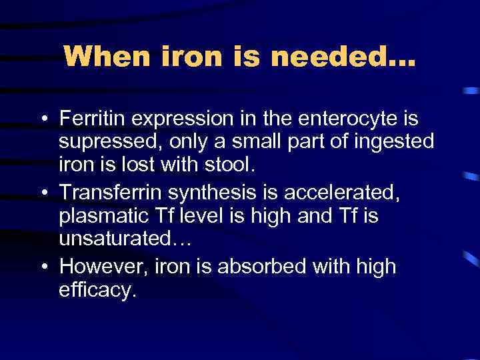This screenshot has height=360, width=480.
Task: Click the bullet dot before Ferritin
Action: (43, 121)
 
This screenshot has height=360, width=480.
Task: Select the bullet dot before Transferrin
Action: (43, 193)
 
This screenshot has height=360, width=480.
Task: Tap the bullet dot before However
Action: (43, 267)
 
